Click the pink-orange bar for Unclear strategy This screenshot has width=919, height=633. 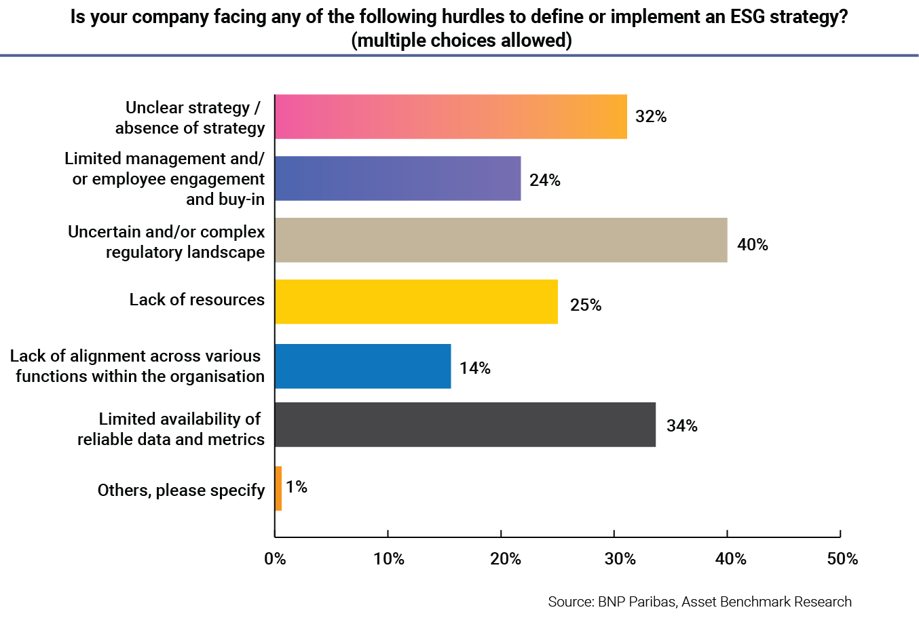tap(451, 117)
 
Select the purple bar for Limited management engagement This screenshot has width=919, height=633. tap(398, 178)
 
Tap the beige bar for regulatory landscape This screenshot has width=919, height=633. tap(501, 240)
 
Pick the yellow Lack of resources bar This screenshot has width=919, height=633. tap(416, 302)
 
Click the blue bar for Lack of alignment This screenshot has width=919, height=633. tap(363, 366)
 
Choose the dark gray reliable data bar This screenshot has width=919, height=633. tap(465, 425)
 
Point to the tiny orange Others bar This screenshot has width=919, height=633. tap(278, 488)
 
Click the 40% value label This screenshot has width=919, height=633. tap(752, 245)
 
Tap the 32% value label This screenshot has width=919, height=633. tap(650, 117)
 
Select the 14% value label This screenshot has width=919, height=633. tap(474, 368)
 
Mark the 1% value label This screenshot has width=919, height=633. tap(297, 487)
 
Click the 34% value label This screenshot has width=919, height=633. tap(681, 426)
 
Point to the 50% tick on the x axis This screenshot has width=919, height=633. tap(842, 559)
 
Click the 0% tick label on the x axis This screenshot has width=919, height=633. tap(275, 559)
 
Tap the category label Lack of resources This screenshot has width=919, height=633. tap(197, 300)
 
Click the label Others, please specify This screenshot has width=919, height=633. tap(181, 491)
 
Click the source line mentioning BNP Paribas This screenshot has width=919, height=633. tap(699, 602)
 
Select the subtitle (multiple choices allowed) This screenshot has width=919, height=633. tap(462, 41)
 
